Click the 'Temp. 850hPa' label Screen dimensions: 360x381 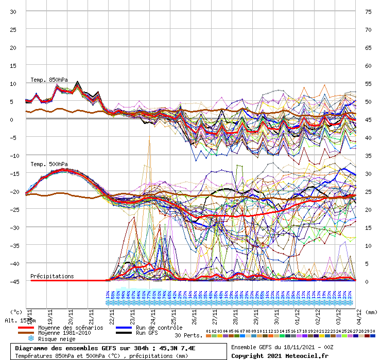pos(48,80)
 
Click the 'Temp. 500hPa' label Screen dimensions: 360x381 pos(48,164)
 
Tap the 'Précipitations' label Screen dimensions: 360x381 pos(52,276)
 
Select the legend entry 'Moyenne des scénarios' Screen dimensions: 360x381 pos(70,328)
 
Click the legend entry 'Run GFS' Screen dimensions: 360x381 pos(147,333)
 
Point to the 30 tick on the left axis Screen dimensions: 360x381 pos(13,11)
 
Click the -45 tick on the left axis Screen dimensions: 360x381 pos(12,281)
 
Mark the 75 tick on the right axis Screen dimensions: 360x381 pos(368,11)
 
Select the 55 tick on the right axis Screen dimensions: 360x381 pos(368,83)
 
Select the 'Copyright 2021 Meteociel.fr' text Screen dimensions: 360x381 pos(280,356)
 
